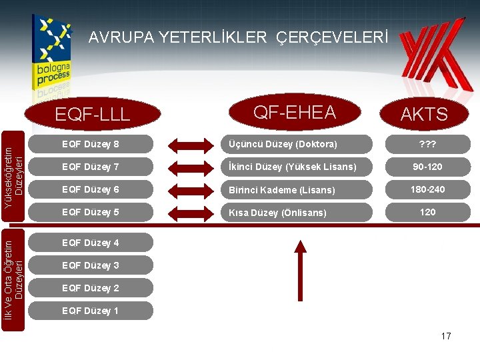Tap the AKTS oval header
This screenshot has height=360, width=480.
pyautogui.click(x=425, y=114)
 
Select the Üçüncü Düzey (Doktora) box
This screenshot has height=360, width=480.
pyautogui.click(x=297, y=145)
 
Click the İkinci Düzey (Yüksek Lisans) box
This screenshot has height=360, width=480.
pyautogui.click(x=297, y=167)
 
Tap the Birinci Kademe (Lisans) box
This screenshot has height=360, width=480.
pyautogui.click(x=297, y=190)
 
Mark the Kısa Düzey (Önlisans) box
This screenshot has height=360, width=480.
pyautogui.click(x=297, y=213)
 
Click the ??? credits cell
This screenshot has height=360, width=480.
pyautogui.click(x=427, y=145)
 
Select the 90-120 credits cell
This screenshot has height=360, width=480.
pyautogui.click(x=427, y=167)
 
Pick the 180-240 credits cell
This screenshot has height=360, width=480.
pyautogui.click(x=427, y=190)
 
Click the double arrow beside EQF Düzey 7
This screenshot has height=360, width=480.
pyautogui.click(x=189, y=167)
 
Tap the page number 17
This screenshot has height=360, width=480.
pyautogui.click(x=446, y=336)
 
